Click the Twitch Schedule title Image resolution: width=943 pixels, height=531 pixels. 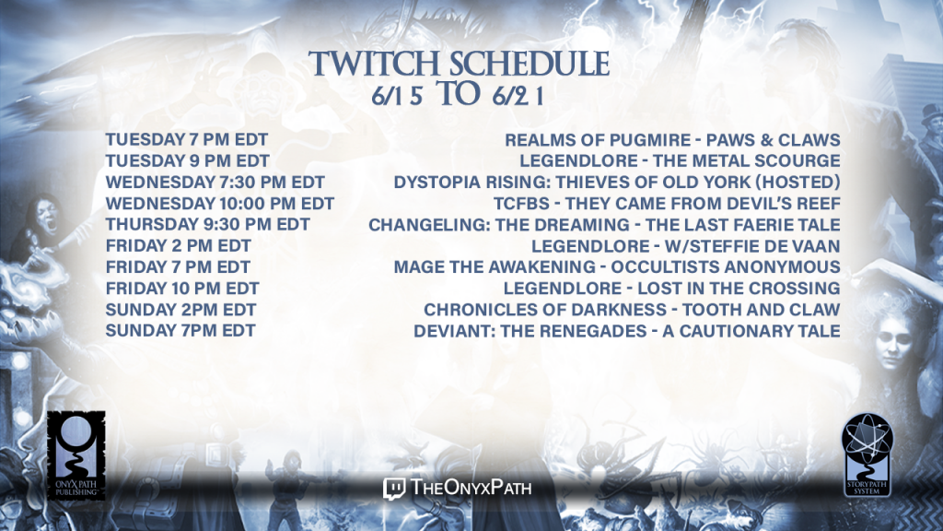[x=459, y=64]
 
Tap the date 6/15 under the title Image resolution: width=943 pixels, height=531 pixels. [x=397, y=96]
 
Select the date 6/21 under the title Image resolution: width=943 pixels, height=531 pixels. [x=518, y=96]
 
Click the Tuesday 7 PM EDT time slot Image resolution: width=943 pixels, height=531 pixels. [x=186, y=140]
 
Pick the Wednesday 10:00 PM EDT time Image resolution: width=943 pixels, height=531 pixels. [x=219, y=204]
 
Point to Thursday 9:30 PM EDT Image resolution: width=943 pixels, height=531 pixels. [x=207, y=225]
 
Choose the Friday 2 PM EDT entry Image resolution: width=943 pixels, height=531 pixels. [x=178, y=245]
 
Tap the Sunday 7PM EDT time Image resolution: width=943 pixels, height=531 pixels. [x=180, y=331]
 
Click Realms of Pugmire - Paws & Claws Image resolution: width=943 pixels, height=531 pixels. [x=672, y=140]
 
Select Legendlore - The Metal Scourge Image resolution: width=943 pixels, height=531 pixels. [x=681, y=160]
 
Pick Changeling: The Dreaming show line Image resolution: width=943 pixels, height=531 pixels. [x=604, y=225]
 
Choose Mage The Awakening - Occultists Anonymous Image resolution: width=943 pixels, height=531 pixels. [x=617, y=266]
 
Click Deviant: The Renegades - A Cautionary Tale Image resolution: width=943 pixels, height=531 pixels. [x=626, y=331]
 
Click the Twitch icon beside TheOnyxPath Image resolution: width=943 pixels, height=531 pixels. [x=394, y=489]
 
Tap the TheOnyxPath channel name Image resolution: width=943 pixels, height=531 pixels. [x=471, y=487]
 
